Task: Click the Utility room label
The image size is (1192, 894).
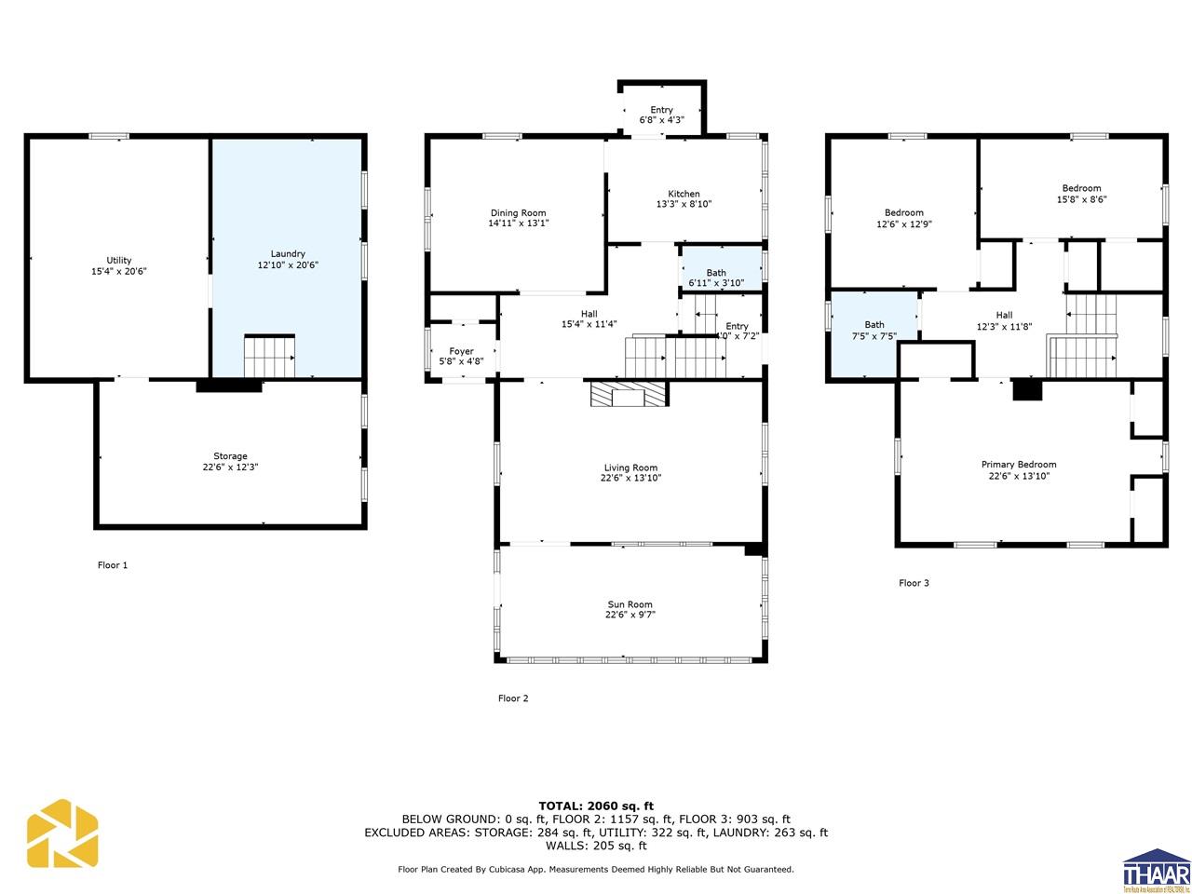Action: click(118, 260)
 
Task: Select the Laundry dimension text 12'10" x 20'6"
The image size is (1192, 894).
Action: click(288, 265)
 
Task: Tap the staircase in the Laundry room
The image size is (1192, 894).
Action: click(269, 356)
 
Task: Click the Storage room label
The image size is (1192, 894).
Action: click(230, 456)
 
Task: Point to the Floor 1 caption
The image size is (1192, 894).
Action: click(113, 565)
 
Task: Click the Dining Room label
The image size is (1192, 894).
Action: click(518, 213)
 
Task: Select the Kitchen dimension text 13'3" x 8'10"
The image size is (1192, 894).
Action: click(684, 204)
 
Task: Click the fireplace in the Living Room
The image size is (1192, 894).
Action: click(629, 394)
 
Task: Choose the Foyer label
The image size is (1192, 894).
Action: click(461, 351)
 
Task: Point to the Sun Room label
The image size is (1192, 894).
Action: click(630, 604)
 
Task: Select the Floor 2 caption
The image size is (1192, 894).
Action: click(513, 698)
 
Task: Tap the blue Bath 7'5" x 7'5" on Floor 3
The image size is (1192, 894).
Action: click(874, 331)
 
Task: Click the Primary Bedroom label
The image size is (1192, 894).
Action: click(1018, 465)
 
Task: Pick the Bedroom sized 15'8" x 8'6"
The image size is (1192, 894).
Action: click(1081, 194)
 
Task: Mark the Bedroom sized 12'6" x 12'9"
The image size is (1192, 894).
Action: click(903, 218)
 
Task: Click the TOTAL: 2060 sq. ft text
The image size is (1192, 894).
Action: click(596, 806)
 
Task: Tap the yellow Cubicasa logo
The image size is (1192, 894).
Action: click(62, 833)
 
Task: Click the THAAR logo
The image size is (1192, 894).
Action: click(1157, 870)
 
